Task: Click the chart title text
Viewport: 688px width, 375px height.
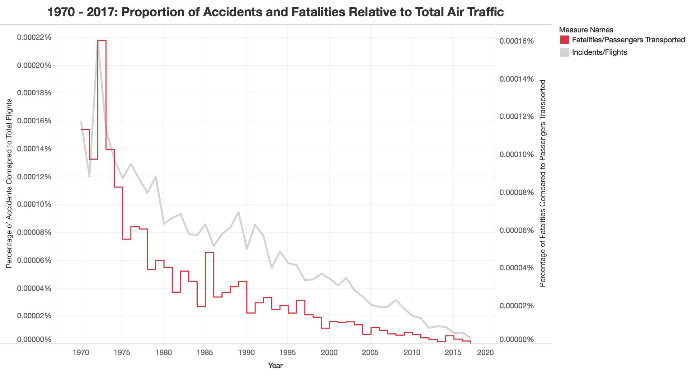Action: (x=276, y=12)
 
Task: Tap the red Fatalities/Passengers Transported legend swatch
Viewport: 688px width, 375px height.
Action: (x=564, y=40)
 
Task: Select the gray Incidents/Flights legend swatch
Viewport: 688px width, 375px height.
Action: (x=564, y=52)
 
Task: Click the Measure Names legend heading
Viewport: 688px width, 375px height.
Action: (x=586, y=30)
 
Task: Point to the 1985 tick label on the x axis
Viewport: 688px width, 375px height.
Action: (x=205, y=353)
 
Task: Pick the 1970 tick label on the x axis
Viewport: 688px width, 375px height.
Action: (x=81, y=353)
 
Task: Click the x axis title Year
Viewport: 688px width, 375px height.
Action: (x=275, y=366)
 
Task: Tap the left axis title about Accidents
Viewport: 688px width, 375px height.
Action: (x=9, y=183)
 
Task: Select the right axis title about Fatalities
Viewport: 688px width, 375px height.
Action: (x=543, y=183)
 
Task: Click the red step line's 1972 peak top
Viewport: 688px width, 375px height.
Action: (x=102, y=40)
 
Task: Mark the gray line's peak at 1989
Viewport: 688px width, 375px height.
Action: (x=238, y=212)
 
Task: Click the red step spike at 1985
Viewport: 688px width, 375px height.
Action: (x=210, y=253)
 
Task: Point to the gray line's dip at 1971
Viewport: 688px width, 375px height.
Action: (x=89, y=177)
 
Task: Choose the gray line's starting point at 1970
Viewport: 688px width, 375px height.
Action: (x=81, y=122)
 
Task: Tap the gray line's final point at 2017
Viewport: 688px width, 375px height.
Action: (x=470, y=338)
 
